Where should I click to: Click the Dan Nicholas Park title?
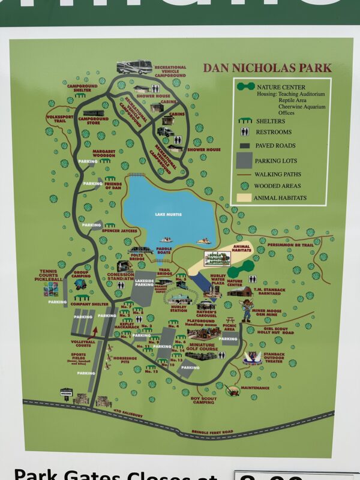(x=263, y=68)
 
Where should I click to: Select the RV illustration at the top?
(x=134, y=66)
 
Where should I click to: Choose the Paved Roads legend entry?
(x=274, y=145)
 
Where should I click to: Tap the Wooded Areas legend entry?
(x=277, y=186)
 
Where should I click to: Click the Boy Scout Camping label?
(x=202, y=401)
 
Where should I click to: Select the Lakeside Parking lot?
(x=145, y=288)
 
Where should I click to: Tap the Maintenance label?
(x=256, y=388)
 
